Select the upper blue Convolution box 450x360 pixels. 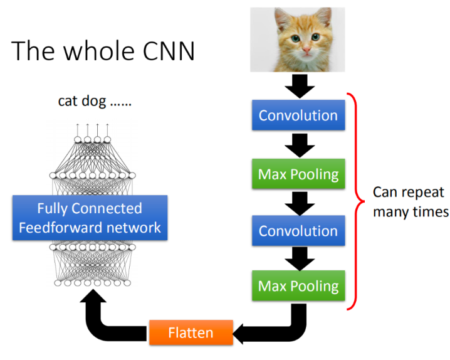tap(298, 115)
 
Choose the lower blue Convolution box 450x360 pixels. tap(298, 231)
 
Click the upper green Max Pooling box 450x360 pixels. tap(298, 173)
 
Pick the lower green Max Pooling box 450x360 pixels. tap(298, 287)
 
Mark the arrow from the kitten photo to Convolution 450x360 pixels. tap(298, 85)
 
